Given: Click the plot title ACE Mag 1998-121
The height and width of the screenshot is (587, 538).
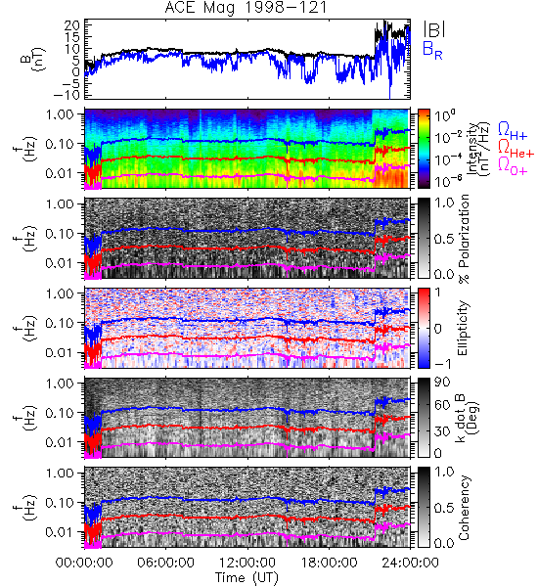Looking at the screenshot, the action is click(246, 8).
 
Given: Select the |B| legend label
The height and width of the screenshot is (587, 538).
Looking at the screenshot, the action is click(434, 29).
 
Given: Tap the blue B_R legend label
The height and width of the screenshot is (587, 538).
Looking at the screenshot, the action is click(432, 51).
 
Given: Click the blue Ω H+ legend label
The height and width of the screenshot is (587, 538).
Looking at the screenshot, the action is click(513, 131).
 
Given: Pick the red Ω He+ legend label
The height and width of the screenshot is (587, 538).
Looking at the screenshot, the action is click(516, 149).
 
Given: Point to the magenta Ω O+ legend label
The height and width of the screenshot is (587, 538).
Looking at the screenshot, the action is click(513, 166).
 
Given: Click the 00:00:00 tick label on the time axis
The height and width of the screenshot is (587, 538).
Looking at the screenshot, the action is click(84, 563).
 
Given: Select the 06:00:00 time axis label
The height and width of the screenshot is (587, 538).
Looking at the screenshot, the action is click(165, 563).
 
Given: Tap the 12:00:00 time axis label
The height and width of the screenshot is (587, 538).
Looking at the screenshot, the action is click(247, 563).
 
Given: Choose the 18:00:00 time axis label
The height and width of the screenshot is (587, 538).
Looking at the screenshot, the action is click(329, 563).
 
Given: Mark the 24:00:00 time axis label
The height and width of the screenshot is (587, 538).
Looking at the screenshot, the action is click(410, 563).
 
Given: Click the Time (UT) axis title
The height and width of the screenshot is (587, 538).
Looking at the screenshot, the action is click(247, 577).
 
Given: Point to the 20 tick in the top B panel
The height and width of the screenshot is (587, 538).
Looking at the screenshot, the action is click(72, 25).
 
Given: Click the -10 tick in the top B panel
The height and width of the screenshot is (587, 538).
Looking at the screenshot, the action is click(67, 95).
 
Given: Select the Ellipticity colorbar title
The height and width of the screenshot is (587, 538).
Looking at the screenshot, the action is click(463, 328).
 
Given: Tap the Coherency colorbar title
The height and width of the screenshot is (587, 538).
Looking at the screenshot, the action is click(463, 508).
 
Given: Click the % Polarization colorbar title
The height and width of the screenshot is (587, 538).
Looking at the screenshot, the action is click(464, 239).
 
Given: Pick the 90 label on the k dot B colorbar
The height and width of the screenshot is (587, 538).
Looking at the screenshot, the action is click(442, 382).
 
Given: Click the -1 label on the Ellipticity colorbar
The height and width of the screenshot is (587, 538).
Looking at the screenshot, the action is click(442, 364).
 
